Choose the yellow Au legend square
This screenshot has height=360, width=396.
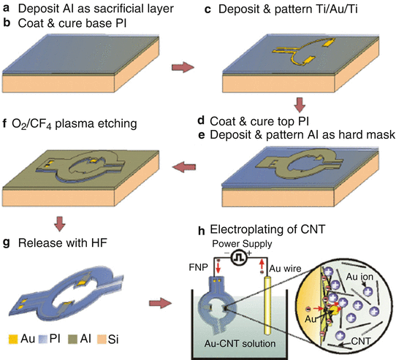click(x=8, y=340)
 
